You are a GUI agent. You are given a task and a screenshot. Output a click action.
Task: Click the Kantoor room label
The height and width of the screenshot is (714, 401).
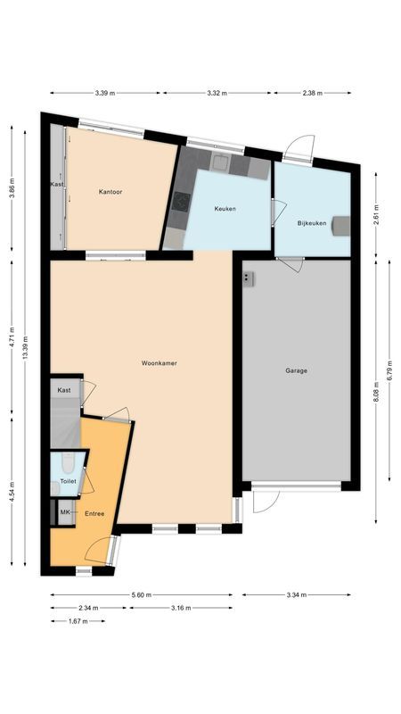point(110,192)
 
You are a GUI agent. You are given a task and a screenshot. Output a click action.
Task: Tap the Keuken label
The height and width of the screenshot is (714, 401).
point(225,208)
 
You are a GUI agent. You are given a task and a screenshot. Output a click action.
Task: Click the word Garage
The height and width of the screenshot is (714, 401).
point(297,370)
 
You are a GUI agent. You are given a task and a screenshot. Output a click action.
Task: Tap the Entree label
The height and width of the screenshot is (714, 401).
point(94,513)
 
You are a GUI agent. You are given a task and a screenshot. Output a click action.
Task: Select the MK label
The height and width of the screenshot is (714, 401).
point(64,512)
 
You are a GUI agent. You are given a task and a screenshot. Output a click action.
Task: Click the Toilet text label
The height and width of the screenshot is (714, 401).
point(69,481)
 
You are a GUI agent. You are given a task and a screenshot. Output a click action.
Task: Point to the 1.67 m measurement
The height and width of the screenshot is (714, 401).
point(78,620)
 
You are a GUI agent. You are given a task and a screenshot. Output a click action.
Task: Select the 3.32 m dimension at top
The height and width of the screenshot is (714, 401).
point(217,92)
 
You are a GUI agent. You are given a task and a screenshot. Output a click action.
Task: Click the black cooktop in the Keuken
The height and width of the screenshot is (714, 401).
point(183,203)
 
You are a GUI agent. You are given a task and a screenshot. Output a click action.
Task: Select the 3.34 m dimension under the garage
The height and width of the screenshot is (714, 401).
point(297,594)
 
